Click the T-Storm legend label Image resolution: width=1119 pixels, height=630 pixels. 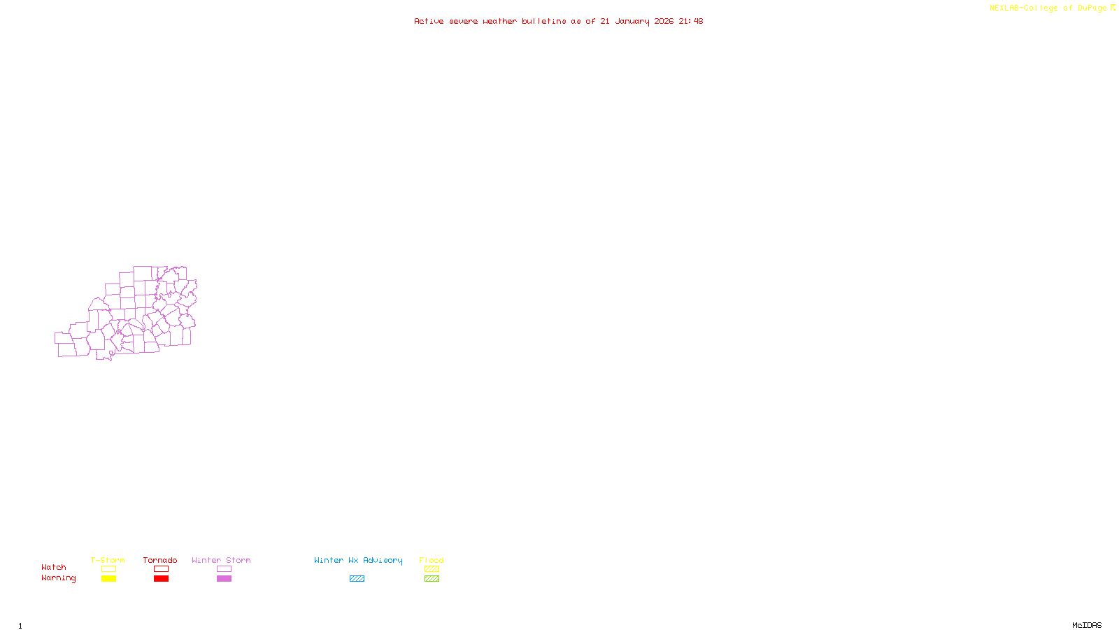coord(108,560)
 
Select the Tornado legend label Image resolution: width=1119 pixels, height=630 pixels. coord(160,560)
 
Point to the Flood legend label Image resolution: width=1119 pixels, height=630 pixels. coord(432,560)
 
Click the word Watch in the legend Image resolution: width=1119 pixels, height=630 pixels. coord(54,567)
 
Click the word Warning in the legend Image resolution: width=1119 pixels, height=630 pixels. coord(58,578)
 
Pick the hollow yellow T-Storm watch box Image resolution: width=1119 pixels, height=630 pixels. coord(108,569)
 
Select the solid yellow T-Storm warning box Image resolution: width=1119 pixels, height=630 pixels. coord(108,579)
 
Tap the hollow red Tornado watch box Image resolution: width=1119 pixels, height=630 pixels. coord(161,569)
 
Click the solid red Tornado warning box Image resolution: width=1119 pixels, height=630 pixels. coord(161,579)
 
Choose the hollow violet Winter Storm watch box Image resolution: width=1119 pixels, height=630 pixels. coord(224,569)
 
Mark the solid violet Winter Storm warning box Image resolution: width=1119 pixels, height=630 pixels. coord(224,579)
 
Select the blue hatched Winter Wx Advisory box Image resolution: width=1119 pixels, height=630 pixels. coord(357,579)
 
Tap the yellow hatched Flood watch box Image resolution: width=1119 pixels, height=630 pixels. coord(432,569)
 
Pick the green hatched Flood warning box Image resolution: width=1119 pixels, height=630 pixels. coord(432,579)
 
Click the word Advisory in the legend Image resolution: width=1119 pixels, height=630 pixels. coord(383,560)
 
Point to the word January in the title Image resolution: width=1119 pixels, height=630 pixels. coord(632,21)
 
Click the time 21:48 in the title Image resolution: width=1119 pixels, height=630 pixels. coord(691,21)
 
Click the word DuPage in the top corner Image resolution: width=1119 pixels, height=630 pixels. coord(1092,8)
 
